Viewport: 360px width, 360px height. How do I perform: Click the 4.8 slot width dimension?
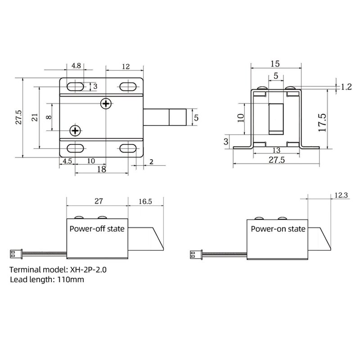click(76, 66)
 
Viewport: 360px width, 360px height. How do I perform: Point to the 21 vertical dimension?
click(34, 117)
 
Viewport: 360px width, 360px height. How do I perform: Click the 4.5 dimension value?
click(67, 161)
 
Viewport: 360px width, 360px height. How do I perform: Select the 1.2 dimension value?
click(346, 87)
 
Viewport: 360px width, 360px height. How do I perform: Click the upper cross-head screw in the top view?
click(106, 104)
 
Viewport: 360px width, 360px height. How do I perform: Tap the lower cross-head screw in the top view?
click(75, 131)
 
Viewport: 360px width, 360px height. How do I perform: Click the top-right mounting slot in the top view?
click(129, 85)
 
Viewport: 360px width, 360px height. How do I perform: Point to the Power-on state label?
click(278, 229)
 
